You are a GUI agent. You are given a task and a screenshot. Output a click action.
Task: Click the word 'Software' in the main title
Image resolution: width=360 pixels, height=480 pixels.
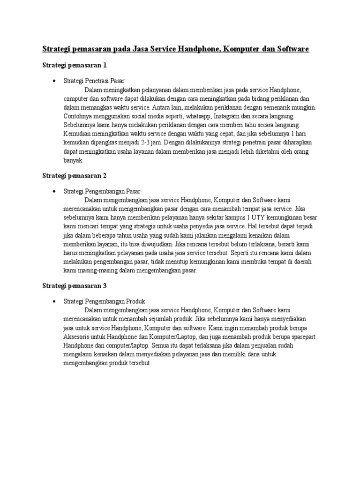point(292,49)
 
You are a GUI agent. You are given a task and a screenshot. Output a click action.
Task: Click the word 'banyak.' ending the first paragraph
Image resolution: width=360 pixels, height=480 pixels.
point(73,160)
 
